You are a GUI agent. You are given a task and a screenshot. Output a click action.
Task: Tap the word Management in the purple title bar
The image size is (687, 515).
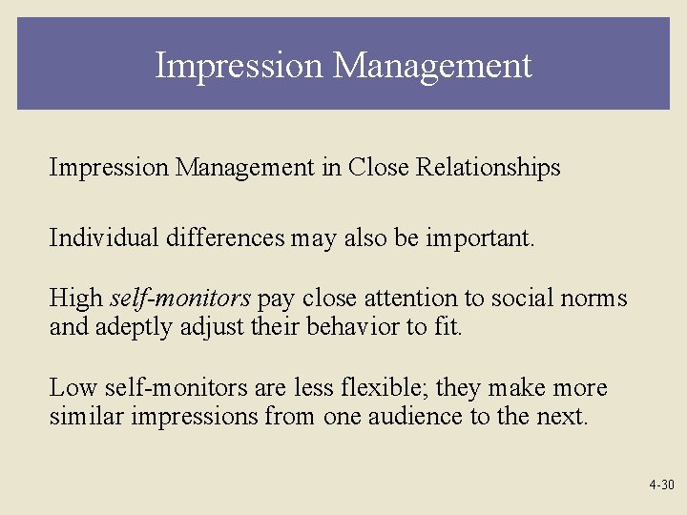[x=432, y=66]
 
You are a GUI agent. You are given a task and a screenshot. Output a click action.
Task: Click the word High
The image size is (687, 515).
[x=75, y=299]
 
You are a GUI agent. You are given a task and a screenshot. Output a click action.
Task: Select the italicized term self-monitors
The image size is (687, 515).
[x=180, y=299]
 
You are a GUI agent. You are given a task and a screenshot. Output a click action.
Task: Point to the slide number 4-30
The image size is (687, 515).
[x=660, y=485]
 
